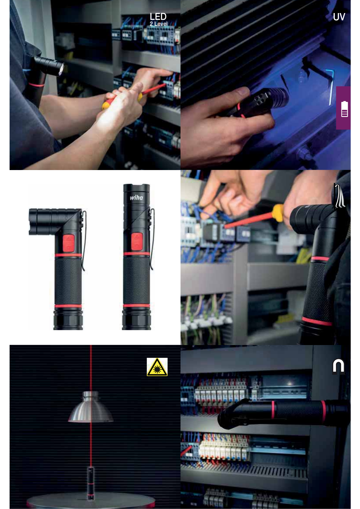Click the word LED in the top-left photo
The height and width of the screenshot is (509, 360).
[158, 17]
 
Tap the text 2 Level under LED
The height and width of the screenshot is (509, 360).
[159, 24]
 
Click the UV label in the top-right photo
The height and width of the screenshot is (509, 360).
[339, 17]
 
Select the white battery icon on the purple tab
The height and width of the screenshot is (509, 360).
[344, 109]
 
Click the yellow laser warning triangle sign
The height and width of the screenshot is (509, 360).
[157, 367]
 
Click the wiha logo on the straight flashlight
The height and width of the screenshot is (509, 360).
[136, 198]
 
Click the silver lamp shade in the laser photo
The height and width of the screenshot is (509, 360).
[91, 407]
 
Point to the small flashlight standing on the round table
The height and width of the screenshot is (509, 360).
[91, 483]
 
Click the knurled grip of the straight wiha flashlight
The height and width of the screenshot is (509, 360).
[136, 281]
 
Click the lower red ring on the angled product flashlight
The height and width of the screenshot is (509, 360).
[68, 306]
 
